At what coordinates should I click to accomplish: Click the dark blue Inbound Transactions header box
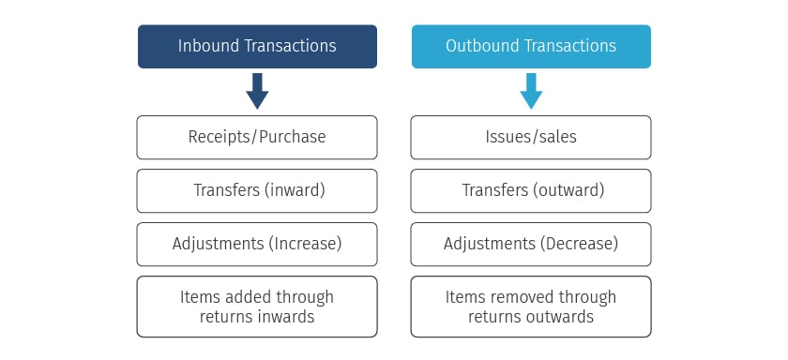pos(257,46)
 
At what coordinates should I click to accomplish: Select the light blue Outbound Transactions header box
pos(531,46)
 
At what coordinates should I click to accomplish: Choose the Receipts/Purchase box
pos(257,137)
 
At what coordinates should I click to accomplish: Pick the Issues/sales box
pos(531,137)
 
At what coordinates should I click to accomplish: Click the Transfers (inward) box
pos(257,190)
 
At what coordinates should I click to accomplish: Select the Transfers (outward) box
pos(531,190)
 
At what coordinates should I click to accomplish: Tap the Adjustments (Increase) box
pos(257,244)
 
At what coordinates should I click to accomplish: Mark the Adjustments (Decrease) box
pos(531,244)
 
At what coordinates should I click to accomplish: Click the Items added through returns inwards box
pos(257,307)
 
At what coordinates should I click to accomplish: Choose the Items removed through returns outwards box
pos(531,307)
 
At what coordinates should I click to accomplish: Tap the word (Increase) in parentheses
pos(305,244)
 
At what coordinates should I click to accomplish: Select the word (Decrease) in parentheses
pos(580,244)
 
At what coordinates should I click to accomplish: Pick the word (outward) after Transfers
pos(568,190)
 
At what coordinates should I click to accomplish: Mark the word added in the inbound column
pos(247,297)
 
